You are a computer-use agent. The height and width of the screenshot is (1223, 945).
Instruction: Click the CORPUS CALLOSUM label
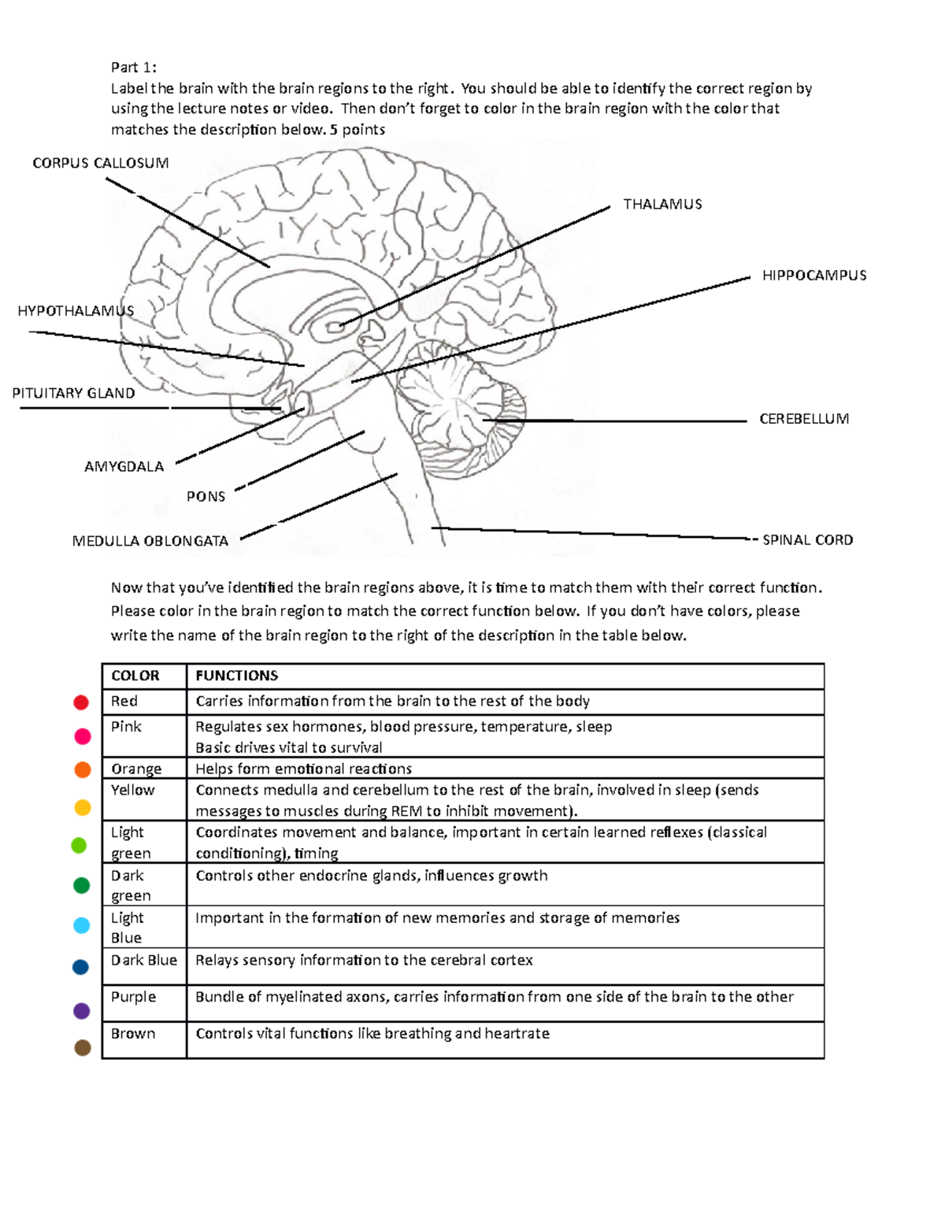tap(100, 163)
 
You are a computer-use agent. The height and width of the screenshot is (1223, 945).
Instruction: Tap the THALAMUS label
tap(662, 204)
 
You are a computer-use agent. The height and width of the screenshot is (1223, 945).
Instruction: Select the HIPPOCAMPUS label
tap(813, 276)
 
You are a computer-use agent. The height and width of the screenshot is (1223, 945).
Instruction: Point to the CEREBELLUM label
tap(803, 419)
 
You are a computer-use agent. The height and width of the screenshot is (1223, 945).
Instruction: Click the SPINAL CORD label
tap(807, 540)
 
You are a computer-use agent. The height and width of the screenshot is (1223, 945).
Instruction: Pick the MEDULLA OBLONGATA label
tap(150, 541)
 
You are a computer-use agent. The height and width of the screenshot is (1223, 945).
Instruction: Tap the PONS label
tap(206, 496)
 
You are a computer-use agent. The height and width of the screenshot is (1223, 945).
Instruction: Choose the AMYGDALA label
tap(124, 466)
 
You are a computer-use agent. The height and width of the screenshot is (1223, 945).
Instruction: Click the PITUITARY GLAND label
tap(73, 393)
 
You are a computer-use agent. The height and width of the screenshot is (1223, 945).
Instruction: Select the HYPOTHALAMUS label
tap(76, 311)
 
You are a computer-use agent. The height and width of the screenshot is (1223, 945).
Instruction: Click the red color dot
tap(81, 702)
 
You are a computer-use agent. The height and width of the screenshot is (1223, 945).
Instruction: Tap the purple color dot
tap(81, 1010)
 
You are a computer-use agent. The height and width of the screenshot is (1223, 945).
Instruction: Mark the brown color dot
tap(82, 1047)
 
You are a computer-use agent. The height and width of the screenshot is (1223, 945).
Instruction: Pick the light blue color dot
tap(81, 925)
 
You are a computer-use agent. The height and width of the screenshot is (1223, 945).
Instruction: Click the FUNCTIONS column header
tap(236, 676)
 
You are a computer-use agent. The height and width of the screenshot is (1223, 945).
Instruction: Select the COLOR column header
tap(135, 676)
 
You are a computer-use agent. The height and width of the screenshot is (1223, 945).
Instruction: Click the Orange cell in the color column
tap(136, 769)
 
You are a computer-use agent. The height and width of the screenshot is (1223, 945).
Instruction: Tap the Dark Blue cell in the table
tap(143, 960)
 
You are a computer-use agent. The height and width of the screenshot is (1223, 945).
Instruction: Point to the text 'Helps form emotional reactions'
tap(303, 769)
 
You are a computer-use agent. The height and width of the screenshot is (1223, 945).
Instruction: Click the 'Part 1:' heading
tap(133, 67)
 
